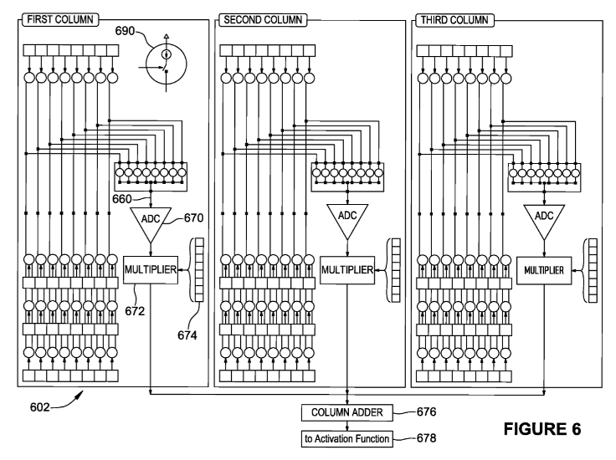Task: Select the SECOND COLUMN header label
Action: click(x=262, y=18)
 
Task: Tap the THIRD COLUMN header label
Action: click(x=456, y=18)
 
